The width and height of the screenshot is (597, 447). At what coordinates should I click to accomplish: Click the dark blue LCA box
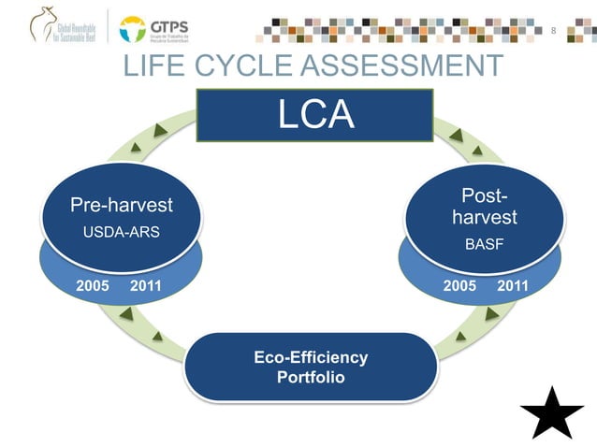click(314, 115)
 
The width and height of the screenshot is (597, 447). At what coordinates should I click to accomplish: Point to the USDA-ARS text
click(122, 232)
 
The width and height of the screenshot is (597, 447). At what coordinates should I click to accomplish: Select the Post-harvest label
click(484, 208)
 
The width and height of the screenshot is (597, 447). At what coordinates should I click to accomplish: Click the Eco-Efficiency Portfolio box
click(311, 368)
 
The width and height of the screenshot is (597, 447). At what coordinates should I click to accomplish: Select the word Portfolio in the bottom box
click(311, 378)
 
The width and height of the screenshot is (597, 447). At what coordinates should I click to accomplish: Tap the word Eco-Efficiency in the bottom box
click(311, 357)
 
